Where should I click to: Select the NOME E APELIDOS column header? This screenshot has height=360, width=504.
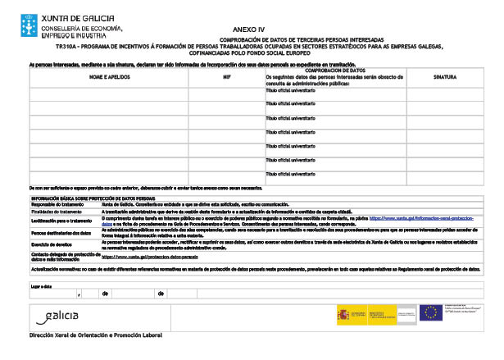[x=108, y=76]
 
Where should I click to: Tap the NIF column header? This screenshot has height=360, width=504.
[x=227, y=76]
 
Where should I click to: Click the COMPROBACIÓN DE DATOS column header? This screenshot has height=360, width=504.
[x=334, y=71]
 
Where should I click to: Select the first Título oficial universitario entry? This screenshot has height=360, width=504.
[x=290, y=90]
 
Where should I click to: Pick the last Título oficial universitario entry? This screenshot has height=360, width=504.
[x=290, y=177]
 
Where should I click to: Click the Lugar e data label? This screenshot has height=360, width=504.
[x=42, y=285]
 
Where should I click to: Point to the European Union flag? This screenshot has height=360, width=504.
[x=431, y=312]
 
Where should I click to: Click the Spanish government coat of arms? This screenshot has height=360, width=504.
[x=344, y=313]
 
